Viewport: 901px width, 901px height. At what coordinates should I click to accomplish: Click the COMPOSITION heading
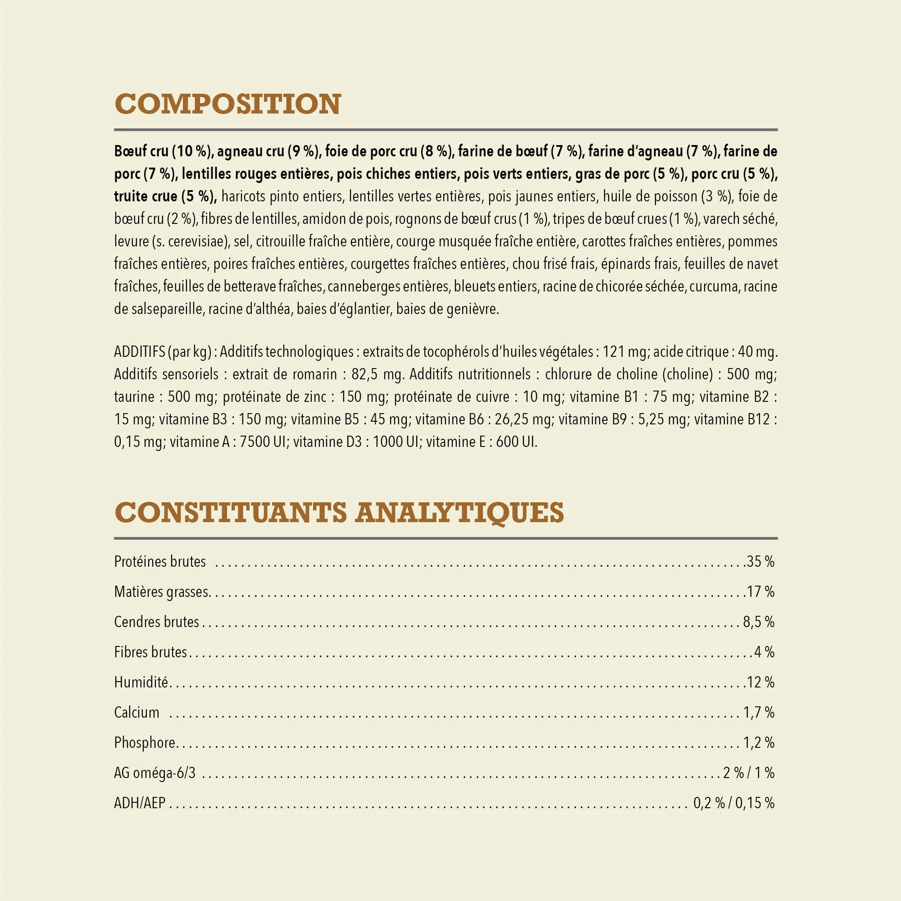coord(228,104)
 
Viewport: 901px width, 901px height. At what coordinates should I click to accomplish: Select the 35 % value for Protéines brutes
coord(760,561)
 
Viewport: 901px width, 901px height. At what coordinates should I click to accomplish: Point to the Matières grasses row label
coord(161,592)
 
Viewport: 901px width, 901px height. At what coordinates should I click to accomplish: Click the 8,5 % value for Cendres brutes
coord(758,622)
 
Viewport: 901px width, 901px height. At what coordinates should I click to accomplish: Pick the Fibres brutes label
coord(150,652)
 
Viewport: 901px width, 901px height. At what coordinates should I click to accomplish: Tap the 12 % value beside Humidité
coord(760,682)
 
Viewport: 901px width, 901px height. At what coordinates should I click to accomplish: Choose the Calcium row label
coord(137,713)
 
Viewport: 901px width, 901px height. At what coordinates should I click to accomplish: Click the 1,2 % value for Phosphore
coord(758,743)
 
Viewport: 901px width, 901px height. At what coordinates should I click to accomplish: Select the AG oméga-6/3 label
coord(155,773)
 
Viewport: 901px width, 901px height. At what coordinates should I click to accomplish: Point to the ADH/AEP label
coord(140,803)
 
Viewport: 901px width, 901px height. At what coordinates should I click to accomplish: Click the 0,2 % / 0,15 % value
coord(733,803)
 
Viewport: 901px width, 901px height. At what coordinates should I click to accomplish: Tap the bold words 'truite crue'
coord(145,196)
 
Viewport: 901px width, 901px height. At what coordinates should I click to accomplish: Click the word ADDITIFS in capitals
coord(138,352)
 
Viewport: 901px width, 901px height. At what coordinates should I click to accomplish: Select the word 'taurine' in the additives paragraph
coord(134,397)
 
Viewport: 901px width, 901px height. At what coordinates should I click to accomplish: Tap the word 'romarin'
coord(315,374)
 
